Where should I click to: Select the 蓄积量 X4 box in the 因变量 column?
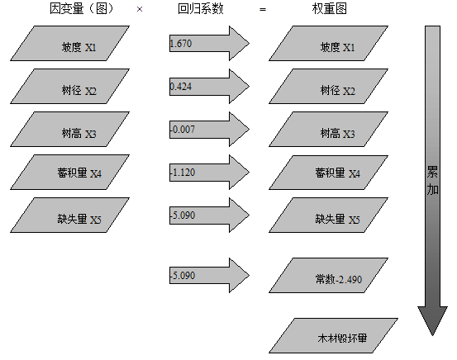(70, 173)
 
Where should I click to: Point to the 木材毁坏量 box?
(334, 336)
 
